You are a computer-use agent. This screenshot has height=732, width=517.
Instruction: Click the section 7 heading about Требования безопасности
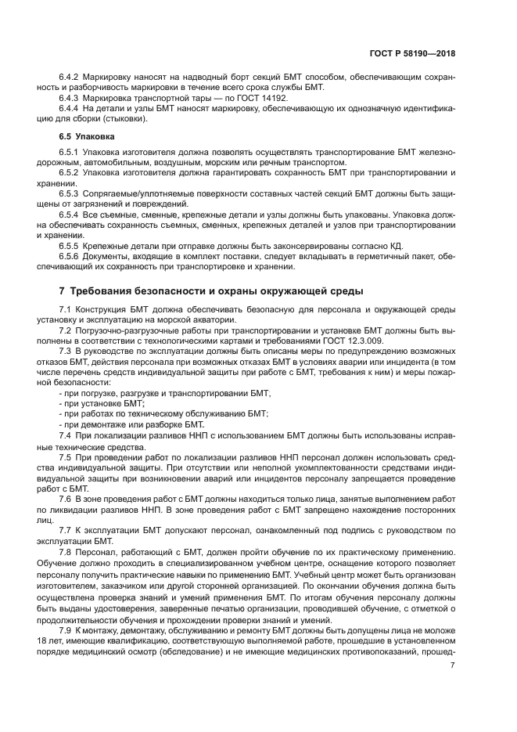click(x=211, y=291)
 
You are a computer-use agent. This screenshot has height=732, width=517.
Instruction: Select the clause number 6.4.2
click(x=69, y=78)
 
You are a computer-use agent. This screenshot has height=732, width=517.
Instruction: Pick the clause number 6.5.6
click(x=69, y=256)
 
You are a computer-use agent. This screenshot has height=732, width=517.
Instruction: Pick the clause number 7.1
click(x=65, y=308)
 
